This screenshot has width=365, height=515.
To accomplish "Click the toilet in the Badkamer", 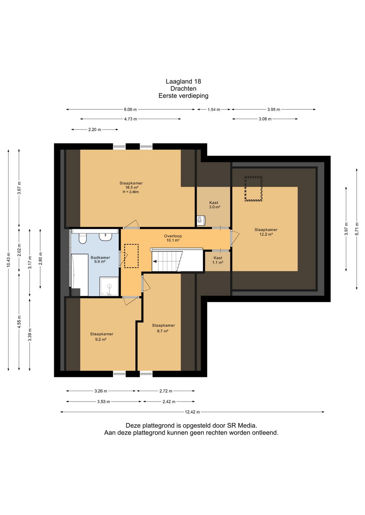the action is (82, 238).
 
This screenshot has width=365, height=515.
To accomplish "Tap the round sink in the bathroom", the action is (105, 237).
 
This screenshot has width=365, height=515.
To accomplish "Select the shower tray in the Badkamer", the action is (109, 286).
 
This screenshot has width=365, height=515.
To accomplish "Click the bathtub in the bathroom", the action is (80, 275).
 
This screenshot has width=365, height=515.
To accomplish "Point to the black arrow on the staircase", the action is (155, 262).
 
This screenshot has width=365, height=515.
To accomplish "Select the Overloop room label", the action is (173, 236).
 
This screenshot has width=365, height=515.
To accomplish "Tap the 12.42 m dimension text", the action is (192, 412).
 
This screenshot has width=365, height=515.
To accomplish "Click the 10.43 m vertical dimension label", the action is (8, 260).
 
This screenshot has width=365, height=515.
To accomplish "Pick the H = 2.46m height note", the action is (131, 192).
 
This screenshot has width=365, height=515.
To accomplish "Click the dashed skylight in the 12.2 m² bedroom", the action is (253, 189).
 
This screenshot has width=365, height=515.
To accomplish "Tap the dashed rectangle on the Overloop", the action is (131, 256).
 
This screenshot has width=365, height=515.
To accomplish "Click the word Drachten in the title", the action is (183, 88).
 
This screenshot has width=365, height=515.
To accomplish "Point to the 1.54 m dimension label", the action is (214, 110).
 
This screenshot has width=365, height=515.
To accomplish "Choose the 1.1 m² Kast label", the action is (218, 260).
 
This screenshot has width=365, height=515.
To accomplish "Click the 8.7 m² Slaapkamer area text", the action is (163, 331).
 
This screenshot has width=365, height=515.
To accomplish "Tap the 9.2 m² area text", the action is (101, 340).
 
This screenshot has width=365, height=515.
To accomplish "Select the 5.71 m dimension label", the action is (357, 229).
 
